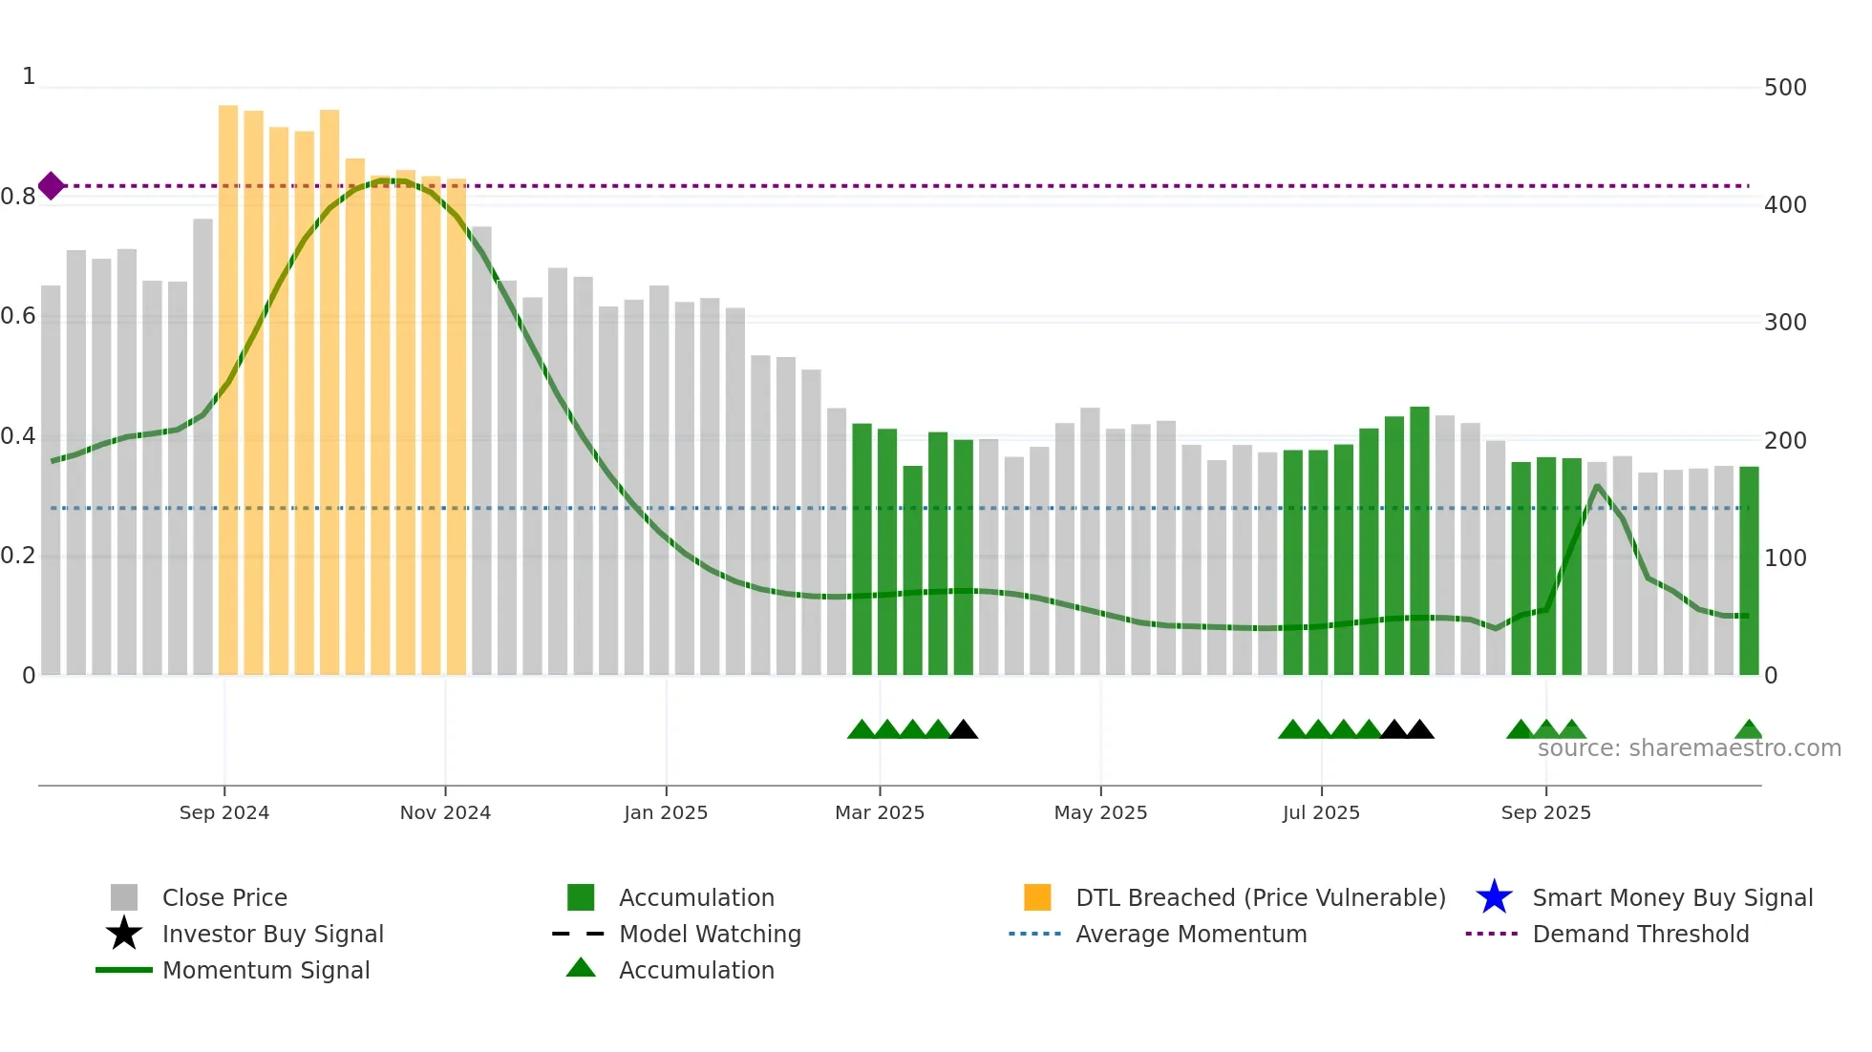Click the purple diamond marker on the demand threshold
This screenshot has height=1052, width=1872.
(52, 186)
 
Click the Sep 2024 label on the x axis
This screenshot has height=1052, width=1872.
(224, 812)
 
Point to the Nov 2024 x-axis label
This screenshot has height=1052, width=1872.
(445, 812)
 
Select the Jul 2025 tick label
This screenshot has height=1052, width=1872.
(1321, 812)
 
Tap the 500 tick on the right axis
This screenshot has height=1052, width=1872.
(1785, 88)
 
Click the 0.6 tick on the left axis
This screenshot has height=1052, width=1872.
(18, 316)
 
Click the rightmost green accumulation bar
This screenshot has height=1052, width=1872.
(1749, 570)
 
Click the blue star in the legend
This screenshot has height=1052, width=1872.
(1494, 897)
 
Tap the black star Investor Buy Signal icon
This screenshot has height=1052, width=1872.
(124, 934)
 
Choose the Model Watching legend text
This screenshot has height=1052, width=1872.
(710, 934)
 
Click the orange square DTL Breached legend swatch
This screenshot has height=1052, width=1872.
(1037, 897)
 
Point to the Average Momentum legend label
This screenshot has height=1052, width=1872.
(1191, 934)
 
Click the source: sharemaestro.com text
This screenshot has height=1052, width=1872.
(1689, 748)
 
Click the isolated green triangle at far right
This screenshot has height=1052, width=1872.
(1749, 730)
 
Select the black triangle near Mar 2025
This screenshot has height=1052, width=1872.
(964, 730)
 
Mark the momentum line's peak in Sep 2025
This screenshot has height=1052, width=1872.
(1598, 486)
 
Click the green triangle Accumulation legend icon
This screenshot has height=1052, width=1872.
(581, 969)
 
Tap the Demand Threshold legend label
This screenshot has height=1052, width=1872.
(1640, 934)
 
